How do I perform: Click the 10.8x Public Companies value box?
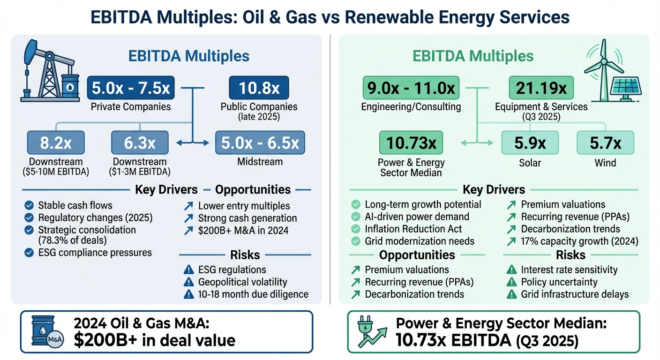(258, 88)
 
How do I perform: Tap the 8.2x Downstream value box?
(56, 143)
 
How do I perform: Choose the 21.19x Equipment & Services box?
(541, 88)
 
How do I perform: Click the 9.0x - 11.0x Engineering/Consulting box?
(411, 88)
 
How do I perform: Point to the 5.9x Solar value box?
(530, 143)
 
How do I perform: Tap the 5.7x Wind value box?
(605, 143)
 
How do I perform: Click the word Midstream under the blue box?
(260, 162)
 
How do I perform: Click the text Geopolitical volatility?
(242, 282)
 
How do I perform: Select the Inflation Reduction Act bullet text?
(413, 229)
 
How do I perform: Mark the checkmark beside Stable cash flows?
(29, 205)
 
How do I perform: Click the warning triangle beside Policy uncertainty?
(512, 282)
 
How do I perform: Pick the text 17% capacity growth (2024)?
(579, 241)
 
